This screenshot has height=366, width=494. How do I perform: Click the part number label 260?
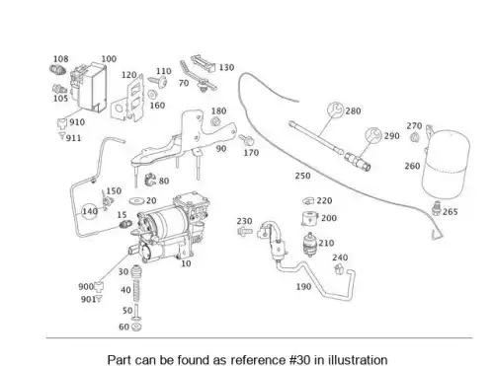pyautogui.click(x=412, y=166)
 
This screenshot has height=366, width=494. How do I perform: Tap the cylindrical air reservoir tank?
pyautogui.click(x=448, y=165)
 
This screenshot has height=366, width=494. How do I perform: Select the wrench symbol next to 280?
pyautogui.click(x=335, y=110)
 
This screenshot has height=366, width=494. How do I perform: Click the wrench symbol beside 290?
pyautogui.click(x=373, y=136)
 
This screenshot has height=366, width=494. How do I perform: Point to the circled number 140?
pyautogui.click(x=90, y=211)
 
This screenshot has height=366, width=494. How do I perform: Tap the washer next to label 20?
pyautogui.click(x=136, y=200)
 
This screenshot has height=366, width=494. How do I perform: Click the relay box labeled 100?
pyautogui.click(x=88, y=87)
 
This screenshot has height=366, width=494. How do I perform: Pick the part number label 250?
pyautogui.click(x=302, y=176)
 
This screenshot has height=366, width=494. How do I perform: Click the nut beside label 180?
pyautogui.click(x=215, y=122)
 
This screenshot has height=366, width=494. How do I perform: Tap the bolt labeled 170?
pyautogui.click(x=246, y=140)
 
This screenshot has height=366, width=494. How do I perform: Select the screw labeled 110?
pyautogui.click(x=157, y=81)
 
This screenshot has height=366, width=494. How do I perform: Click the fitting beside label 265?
pyautogui.click(x=437, y=208)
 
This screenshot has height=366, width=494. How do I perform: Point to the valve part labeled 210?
pyautogui.click(x=309, y=245)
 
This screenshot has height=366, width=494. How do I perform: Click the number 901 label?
pyautogui.click(x=88, y=300)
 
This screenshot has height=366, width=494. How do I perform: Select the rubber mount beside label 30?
pyautogui.click(x=136, y=271)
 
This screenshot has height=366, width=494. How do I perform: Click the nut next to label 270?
pyautogui.click(x=414, y=136)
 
